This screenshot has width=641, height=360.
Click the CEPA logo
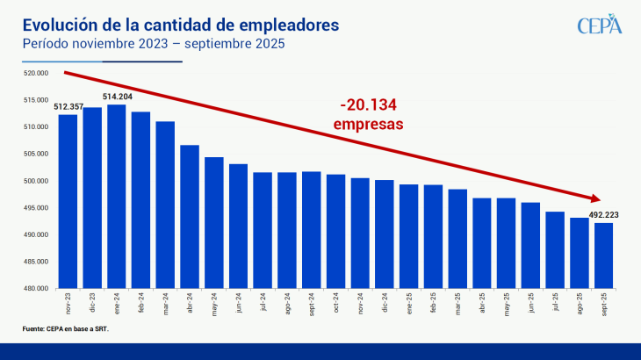(x=599, y=25)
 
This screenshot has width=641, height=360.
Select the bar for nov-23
(x=68, y=201)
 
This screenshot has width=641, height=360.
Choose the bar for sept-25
(x=603, y=255)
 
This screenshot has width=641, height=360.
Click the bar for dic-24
(x=384, y=234)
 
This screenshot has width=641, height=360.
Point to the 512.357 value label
(x=68, y=107)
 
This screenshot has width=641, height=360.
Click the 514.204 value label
(x=118, y=97)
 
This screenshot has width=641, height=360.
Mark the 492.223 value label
(x=605, y=213)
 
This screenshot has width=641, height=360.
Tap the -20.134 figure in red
(x=369, y=106)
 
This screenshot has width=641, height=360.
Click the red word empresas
(x=369, y=125)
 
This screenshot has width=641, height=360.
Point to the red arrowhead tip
(x=601, y=198)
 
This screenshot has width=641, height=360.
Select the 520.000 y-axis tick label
(x=36, y=74)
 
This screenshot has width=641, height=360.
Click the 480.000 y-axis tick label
(x=36, y=288)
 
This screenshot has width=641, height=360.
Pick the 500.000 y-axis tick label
(x=36, y=181)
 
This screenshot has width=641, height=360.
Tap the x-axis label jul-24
(x=263, y=304)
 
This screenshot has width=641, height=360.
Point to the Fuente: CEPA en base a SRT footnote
(x=65, y=328)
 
